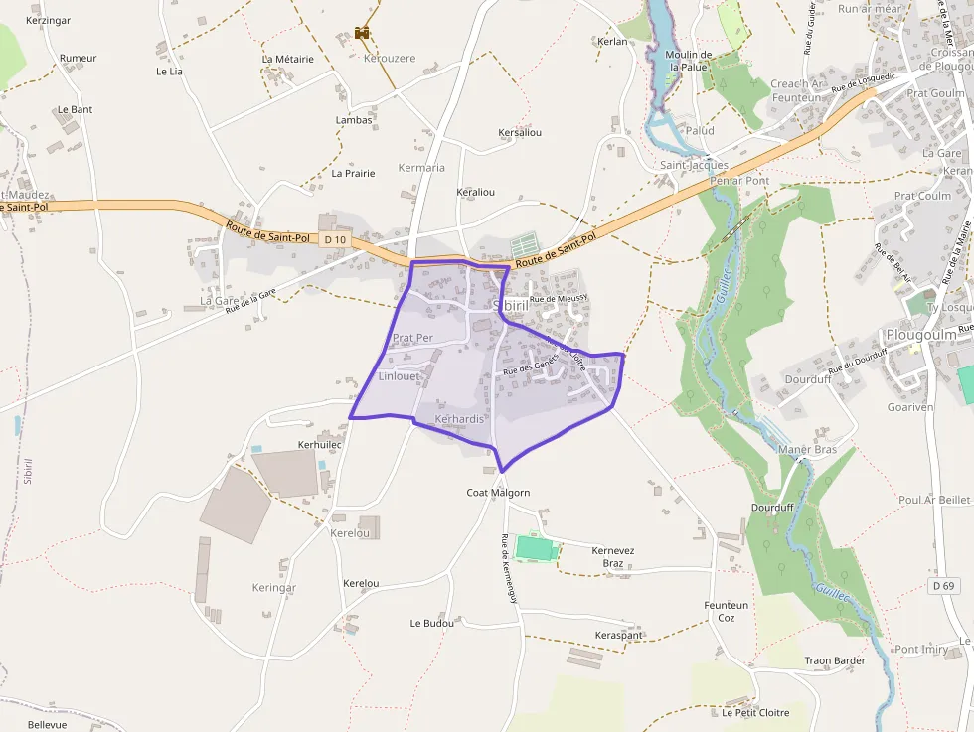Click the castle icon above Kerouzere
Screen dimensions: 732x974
(x=362, y=33)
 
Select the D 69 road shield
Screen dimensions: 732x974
(x=943, y=586)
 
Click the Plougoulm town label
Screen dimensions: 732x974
(x=920, y=335)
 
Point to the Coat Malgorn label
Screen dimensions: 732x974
(x=498, y=493)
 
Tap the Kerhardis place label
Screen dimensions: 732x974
(x=459, y=419)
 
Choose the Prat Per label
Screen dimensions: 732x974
(x=412, y=338)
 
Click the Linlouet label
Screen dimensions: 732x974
(x=400, y=376)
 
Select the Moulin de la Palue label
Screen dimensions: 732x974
(x=689, y=61)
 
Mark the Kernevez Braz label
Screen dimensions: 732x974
(x=613, y=557)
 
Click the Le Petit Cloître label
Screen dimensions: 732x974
(x=755, y=712)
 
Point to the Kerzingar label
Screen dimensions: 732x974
(x=48, y=20)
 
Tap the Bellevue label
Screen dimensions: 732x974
(x=47, y=725)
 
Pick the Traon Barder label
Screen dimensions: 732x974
(x=835, y=660)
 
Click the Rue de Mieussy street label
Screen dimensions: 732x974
(x=559, y=298)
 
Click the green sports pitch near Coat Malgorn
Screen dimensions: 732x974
(x=533, y=547)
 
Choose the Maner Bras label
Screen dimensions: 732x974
(x=807, y=450)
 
